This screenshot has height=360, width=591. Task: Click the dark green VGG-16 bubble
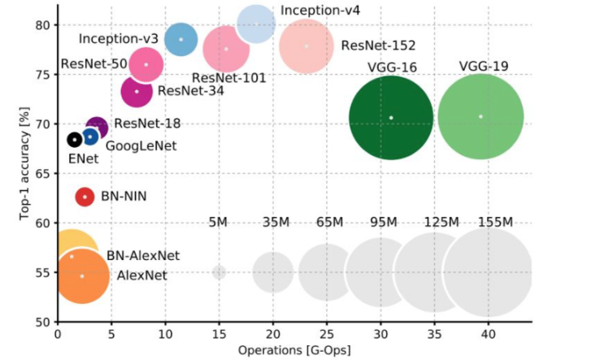tap(391, 118)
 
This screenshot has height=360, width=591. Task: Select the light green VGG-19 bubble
tap(480, 116)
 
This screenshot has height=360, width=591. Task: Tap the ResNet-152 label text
tap(372, 46)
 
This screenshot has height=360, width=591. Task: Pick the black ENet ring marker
tap(74, 140)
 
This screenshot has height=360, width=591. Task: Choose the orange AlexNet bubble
tap(81, 275)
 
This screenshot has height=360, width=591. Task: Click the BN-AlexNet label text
tap(143, 255)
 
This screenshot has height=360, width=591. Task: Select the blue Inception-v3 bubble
tap(181, 39)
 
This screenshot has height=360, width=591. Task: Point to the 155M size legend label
tap(495, 223)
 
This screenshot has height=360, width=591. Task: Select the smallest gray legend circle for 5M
tap(219, 272)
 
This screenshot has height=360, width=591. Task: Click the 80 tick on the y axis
tap(43, 25)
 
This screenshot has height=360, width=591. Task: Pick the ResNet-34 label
tap(191, 90)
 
